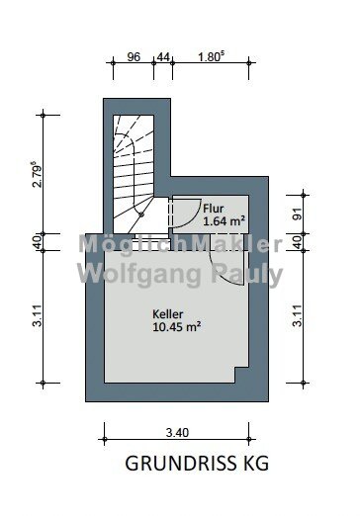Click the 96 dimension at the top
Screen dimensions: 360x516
pyautogui.click(x=134, y=56)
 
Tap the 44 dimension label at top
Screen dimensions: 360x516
pyautogui.click(x=163, y=57)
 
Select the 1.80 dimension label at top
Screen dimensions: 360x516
pyautogui.click(x=211, y=56)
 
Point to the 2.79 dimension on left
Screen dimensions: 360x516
pyautogui.click(x=38, y=174)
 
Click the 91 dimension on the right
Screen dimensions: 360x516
pyautogui.click(x=298, y=215)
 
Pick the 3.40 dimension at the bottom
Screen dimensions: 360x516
pyautogui.click(x=177, y=432)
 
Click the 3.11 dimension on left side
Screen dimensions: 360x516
pyautogui.click(x=38, y=315)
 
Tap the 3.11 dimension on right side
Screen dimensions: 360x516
pyautogui.click(x=298, y=315)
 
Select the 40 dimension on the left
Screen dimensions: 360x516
pyautogui.click(x=38, y=242)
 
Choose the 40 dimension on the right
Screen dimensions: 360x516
pyautogui.click(x=298, y=242)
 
